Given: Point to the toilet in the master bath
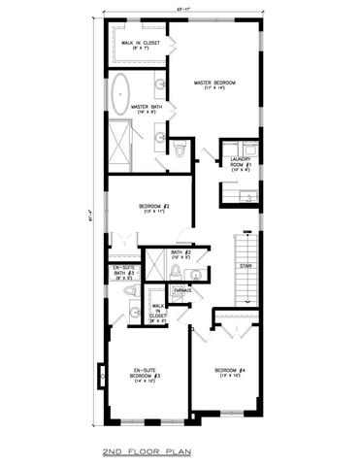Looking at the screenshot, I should click(x=180, y=148).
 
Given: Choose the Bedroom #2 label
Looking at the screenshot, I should click(x=155, y=206).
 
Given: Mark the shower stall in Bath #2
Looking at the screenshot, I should click(x=155, y=266).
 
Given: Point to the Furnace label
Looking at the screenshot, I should click(x=182, y=290).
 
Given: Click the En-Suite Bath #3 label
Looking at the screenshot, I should click(x=122, y=272).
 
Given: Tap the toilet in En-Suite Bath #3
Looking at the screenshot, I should click(x=131, y=313).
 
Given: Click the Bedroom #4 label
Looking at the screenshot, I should click(x=225, y=370).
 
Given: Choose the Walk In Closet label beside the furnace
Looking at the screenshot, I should click(x=158, y=310).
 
